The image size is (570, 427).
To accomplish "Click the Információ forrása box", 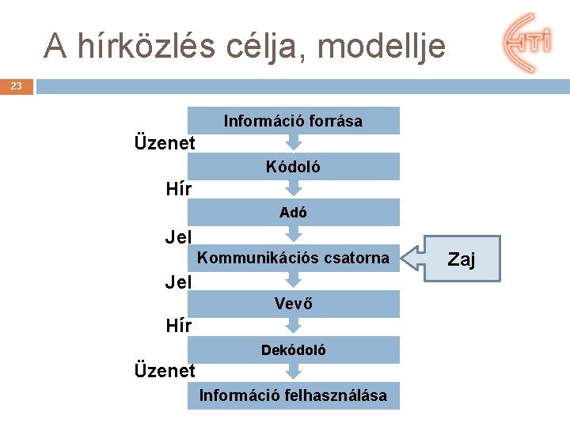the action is point(293,121).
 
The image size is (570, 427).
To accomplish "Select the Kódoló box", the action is point(293,167).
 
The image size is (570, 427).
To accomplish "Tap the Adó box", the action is point(293,212).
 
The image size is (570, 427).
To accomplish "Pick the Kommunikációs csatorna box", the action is point(293,258).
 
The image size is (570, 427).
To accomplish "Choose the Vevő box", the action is point(293,303).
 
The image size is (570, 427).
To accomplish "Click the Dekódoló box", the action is point(293,350).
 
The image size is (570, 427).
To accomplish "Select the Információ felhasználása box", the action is point(293,395).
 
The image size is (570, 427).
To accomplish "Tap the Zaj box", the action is point(462,259).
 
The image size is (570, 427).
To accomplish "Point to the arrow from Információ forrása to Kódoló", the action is point(294,143).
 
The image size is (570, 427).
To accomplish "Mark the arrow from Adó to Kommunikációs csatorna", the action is point(294,234).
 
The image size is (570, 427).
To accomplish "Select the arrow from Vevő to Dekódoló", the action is point(294,326).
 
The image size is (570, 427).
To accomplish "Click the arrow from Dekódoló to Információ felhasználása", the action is point(294,372).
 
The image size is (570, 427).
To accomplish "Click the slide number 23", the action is point(17,86).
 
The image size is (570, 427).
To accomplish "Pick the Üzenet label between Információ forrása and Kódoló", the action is point(165,144).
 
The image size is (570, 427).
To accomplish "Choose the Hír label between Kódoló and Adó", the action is point(179,190).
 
